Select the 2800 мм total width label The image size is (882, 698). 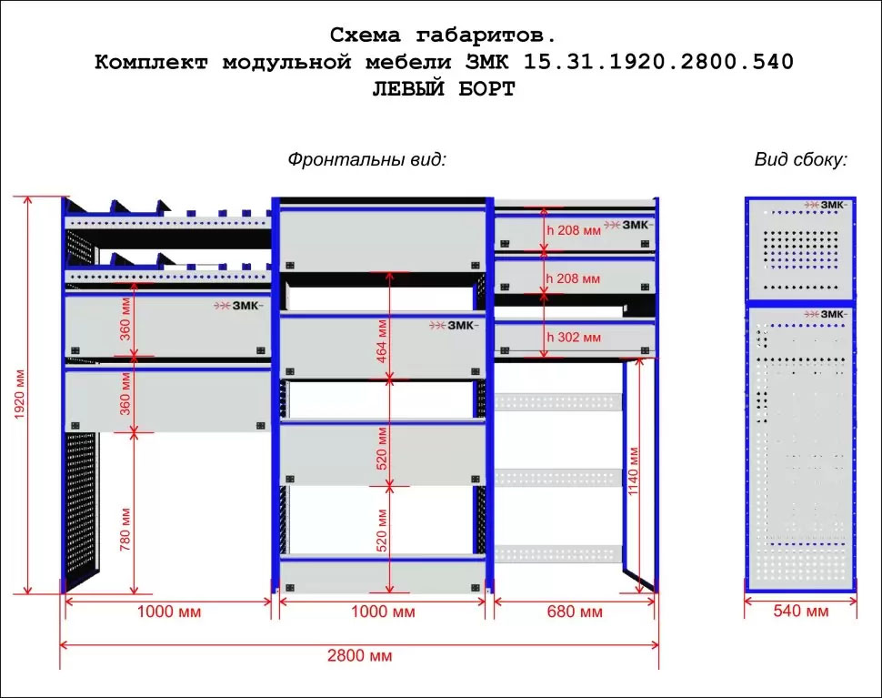point(360,655)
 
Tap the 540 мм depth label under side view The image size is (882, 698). point(800,611)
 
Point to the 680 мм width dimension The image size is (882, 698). point(575,612)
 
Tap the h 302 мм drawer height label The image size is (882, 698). point(574,338)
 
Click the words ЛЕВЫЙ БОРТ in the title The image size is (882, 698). point(443,89)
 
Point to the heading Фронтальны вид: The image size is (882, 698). point(367,159)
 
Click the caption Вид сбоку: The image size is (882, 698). point(800,159)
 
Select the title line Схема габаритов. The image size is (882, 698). point(442,35)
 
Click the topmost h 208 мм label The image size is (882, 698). point(574,230)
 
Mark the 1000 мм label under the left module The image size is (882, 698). point(168,612)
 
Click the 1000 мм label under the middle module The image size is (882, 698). point(383,612)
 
